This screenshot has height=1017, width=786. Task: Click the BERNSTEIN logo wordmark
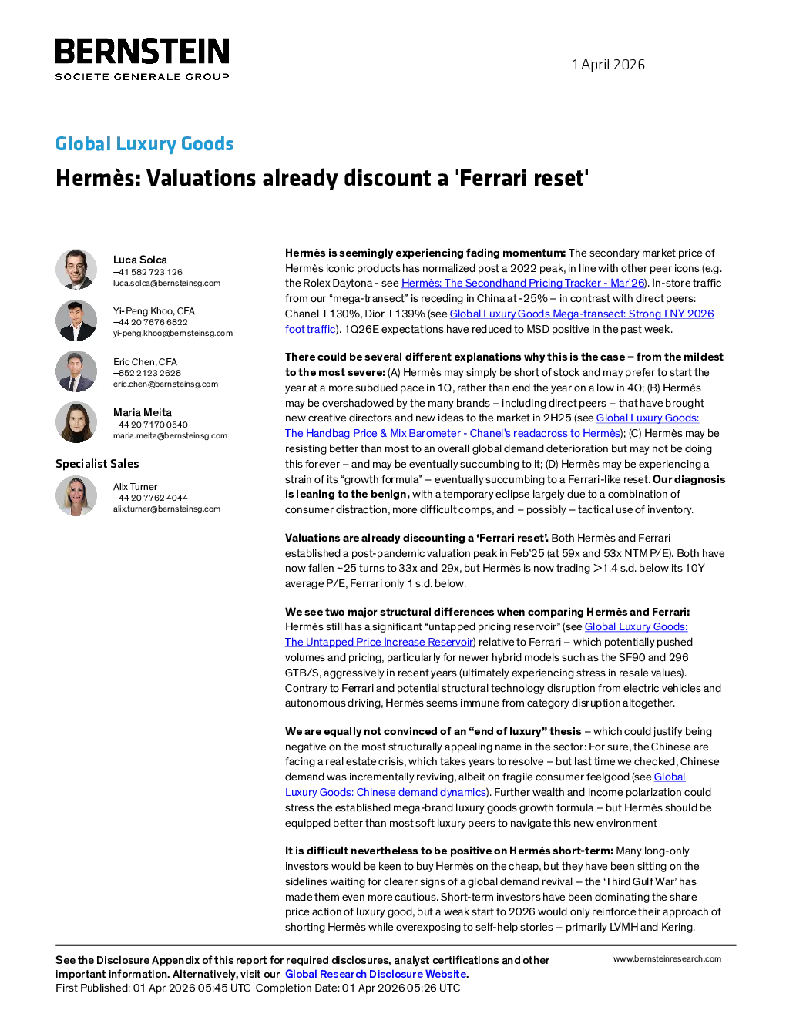point(142,51)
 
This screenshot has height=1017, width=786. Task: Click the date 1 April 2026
point(608,64)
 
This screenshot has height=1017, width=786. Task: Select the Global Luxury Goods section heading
point(144,143)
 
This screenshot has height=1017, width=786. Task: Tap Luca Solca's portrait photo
point(76,269)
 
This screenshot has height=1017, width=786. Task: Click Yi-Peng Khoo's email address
point(173,334)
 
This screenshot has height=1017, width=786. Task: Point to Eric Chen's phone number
point(147,373)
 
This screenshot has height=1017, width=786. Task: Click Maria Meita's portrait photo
point(76,422)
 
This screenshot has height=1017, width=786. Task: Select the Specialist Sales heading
point(97,464)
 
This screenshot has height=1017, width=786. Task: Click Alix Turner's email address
point(166,509)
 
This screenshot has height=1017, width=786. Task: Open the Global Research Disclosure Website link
point(376,974)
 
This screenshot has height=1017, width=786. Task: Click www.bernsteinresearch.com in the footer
point(667,958)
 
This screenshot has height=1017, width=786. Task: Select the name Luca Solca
point(140,260)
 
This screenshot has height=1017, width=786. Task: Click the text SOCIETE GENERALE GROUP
point(143,76)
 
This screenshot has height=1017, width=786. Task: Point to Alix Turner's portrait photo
point(76,496)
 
